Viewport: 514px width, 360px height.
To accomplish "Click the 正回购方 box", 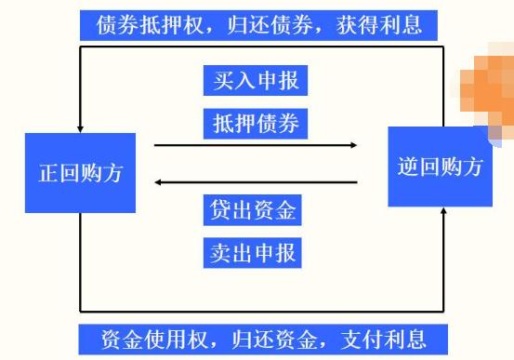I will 80,173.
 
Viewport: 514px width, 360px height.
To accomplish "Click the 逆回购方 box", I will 439,167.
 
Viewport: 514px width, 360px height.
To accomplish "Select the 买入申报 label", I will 254,80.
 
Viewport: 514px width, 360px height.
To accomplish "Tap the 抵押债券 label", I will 254,122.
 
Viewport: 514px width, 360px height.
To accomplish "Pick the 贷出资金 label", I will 254,210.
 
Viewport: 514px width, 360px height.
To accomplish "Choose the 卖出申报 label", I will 254,252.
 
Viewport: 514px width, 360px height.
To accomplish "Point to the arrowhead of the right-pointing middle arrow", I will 352,145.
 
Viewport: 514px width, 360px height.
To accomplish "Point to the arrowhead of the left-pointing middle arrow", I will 159,181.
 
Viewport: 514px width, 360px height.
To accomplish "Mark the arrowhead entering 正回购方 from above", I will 80,127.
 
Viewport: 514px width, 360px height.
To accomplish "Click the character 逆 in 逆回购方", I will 407,167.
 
